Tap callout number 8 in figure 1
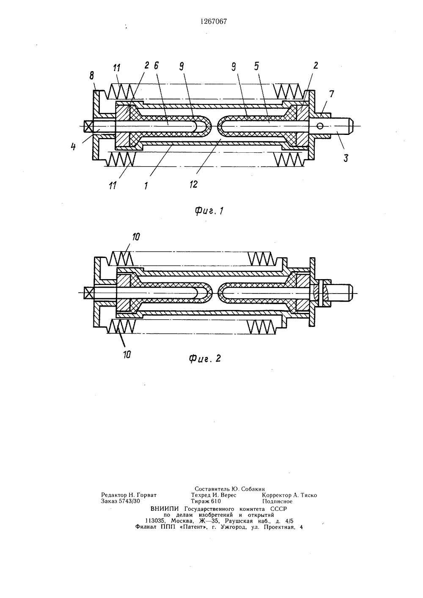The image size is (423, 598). [x=92, y=76]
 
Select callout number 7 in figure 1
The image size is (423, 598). [x=331, y=94]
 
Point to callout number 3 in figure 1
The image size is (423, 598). [x=346, y=158]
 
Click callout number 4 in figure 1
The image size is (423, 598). [x=73, y=147]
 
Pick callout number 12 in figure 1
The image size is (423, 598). [x=193, y=184]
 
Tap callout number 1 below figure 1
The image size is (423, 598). [x=146, y=186]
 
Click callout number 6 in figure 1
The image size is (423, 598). [x=156, y=66]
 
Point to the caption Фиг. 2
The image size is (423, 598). [x=205, y=358]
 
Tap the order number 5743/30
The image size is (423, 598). [x=129, y=501]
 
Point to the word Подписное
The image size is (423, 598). [x=277, y=501]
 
